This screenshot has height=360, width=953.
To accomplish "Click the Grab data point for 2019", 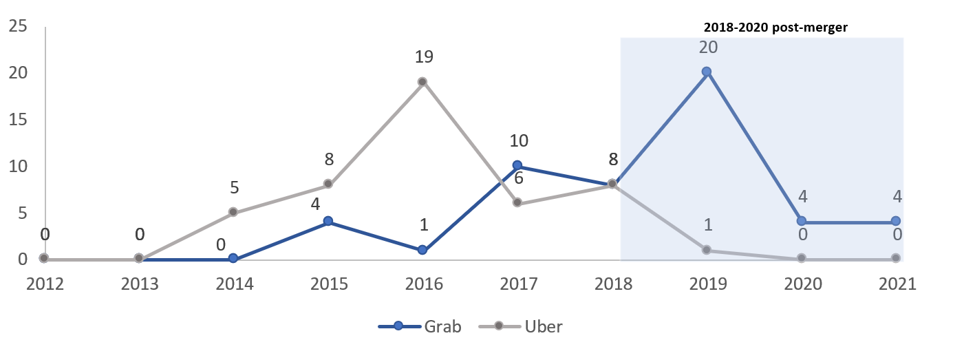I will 706,71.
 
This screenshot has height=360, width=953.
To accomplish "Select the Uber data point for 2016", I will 422,81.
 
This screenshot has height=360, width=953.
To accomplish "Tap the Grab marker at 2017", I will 517,165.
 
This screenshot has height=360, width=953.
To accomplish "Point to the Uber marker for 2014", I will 233,212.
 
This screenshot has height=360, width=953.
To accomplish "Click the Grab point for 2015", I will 328,221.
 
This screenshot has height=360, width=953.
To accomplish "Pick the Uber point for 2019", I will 706,250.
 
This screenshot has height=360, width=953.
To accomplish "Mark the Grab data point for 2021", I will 896,221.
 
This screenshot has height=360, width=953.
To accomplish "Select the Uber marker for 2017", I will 517,202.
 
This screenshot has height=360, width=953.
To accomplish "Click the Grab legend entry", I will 420,326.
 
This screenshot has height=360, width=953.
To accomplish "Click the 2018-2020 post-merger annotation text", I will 775,28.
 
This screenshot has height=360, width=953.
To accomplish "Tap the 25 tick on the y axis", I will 18,26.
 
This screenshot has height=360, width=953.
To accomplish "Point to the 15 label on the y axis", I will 18,120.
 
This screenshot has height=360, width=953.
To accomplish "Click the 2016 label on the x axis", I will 422,284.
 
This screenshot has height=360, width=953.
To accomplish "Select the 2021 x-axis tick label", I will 896,284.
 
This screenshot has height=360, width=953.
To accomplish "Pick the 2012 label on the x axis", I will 45,284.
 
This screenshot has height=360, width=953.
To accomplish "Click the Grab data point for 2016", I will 422,250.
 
